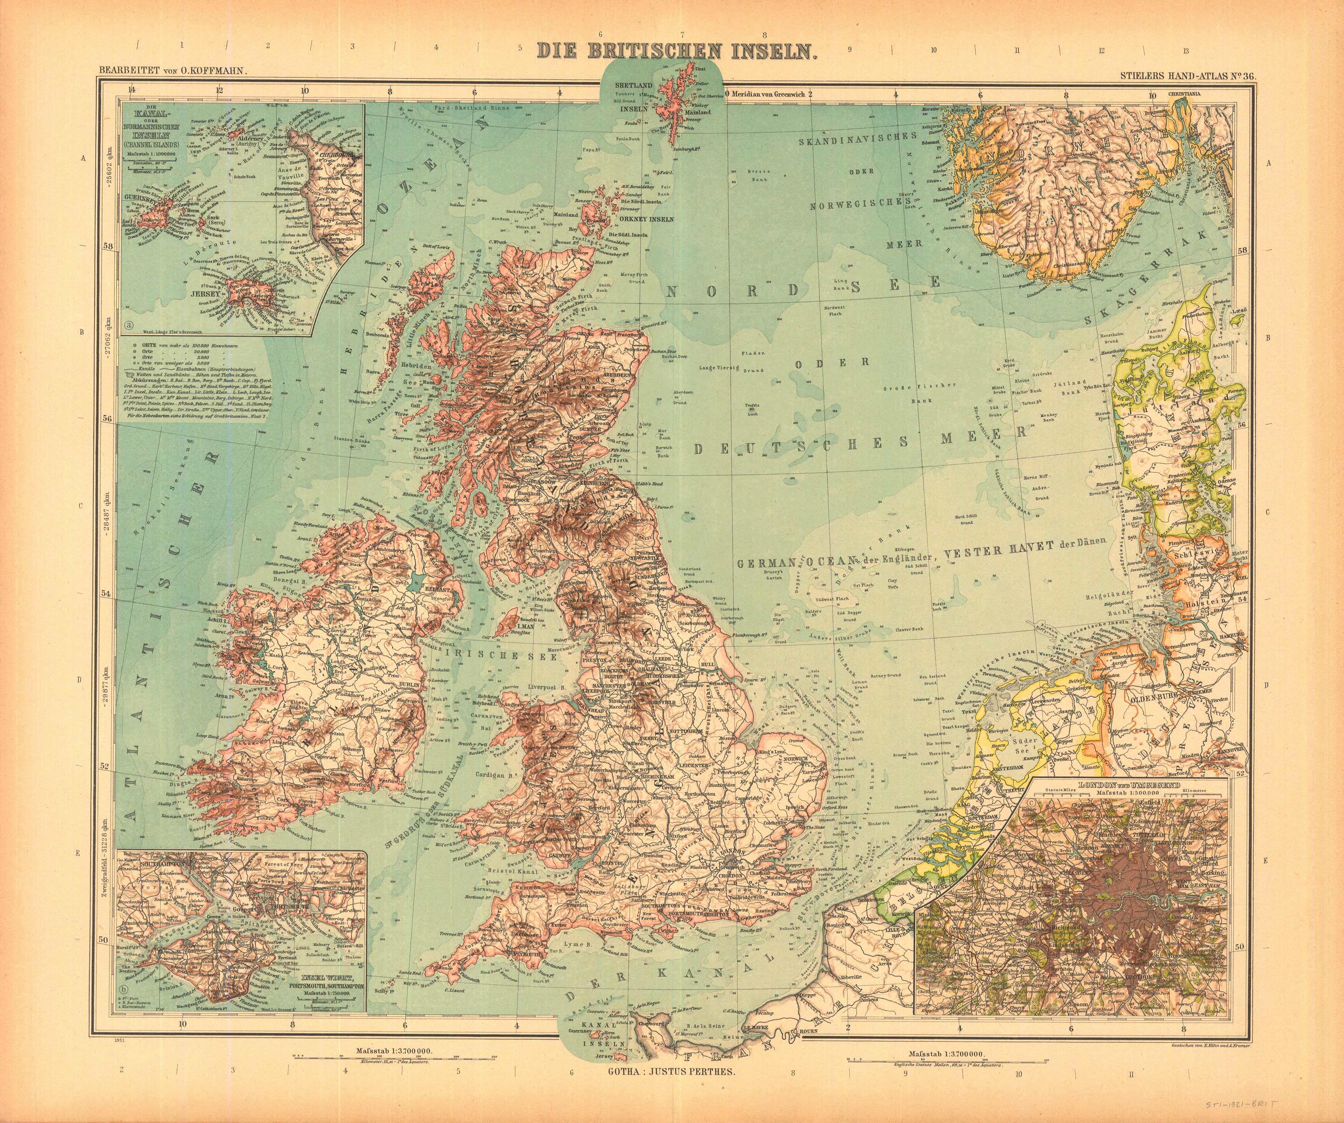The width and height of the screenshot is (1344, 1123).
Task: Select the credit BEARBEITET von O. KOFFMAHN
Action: pos(169,74)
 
